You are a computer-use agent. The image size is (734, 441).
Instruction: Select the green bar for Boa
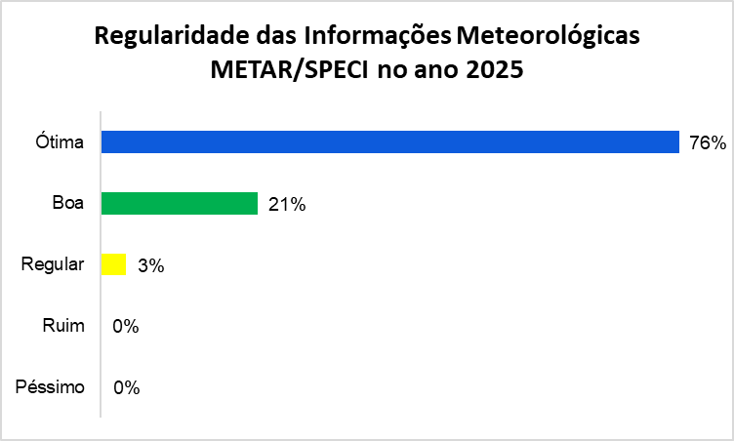point(180,203)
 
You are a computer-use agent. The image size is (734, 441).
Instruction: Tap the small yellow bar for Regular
point(114,264)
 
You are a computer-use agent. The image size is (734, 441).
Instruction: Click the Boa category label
point(69,204)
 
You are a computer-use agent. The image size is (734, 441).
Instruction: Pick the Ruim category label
point(64,326)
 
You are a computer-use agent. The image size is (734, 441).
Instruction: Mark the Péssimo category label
point(51,387)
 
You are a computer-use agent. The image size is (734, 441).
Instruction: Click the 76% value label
point(707,143)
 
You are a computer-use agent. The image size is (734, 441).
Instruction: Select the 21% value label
point(287,204)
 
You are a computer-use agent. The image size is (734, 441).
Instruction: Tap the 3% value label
point(150,265)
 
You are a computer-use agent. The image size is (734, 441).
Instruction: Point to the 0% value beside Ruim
point(126,326)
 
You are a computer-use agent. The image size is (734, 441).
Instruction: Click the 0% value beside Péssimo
point(126,387)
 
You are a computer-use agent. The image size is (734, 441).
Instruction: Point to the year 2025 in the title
point(496,71)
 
